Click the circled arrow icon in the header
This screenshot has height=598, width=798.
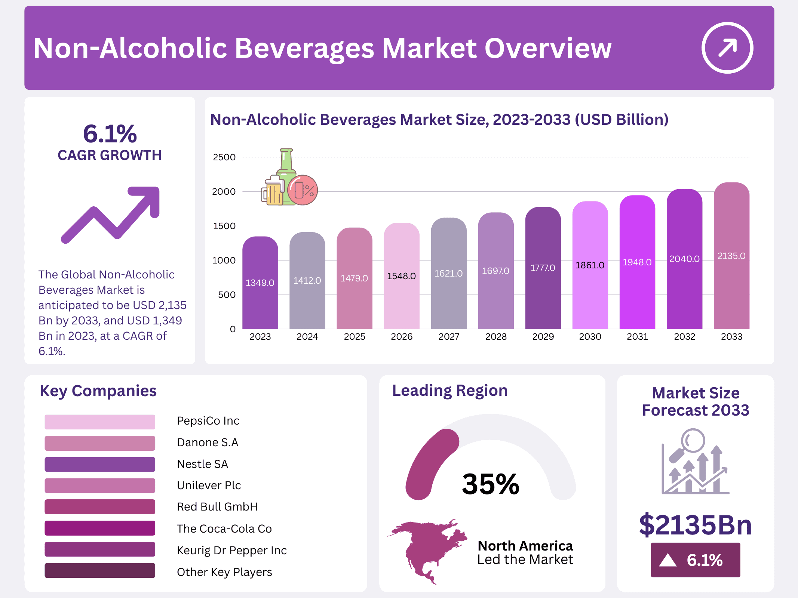coord(727,48)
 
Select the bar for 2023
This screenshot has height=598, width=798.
coord(260,284)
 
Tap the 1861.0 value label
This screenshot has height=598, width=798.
coord(590,265)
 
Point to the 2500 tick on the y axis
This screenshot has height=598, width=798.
coord(224,157)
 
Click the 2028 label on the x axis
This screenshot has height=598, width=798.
coord(495,337)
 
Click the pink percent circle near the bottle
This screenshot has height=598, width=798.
coord(303,190)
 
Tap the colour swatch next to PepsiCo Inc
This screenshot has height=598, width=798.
coord(100,422)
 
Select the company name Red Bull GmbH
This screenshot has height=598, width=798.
coord(217,507)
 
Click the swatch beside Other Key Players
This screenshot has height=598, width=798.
coord(100,571)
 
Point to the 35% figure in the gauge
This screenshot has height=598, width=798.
coord(490,484)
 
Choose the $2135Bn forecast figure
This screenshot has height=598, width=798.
coord(695,525)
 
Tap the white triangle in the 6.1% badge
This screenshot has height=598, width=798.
coord(668,560)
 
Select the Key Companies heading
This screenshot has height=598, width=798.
coord(98,391)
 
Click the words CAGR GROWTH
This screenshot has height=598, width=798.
coord(110,155)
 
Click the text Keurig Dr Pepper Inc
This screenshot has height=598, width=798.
coord(231,551)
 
